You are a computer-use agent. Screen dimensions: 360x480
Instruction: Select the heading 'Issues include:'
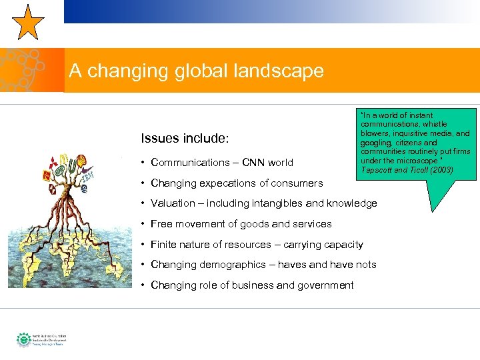[x=185, y=139]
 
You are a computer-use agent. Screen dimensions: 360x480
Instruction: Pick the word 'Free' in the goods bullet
[x=162, y=224]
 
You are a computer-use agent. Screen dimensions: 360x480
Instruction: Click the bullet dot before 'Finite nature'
[x=143, y=245]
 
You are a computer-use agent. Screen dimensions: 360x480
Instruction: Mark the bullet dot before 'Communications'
[x=143, y=163]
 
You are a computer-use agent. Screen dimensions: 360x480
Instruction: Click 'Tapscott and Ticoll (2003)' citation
[x=407, y=171]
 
